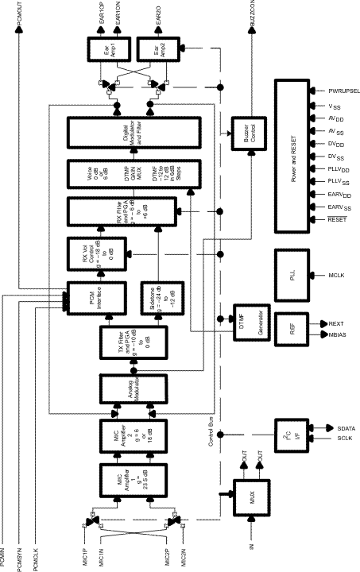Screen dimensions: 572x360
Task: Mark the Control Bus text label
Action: pyautogui.click(x=212, y=451)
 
